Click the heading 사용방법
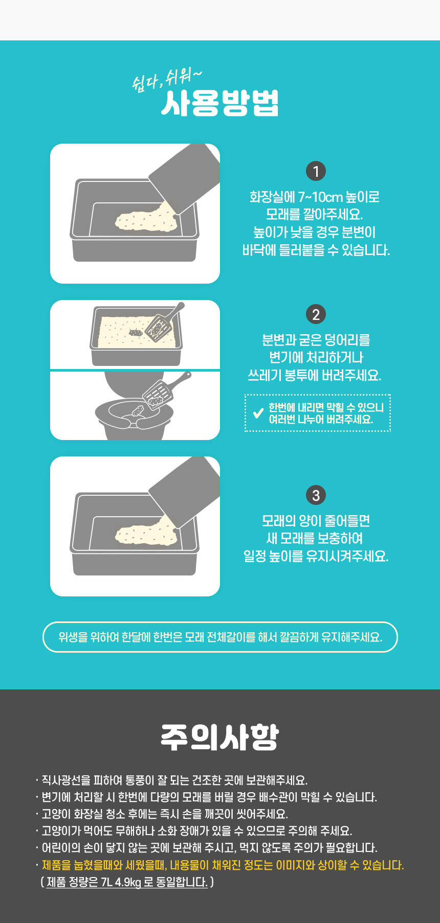pyautogui.click(x=220, y=104)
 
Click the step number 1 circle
pyautogui.click(x=316, y=171)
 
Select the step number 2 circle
pyautogui.click(x=316, y=314)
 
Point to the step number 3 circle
pyautogui.click(x=316, y=495)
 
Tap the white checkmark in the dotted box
pyautogui.click(x=258, y=412)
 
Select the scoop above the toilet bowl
pyautogui.click(x=165, y=389)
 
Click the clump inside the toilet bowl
pyautogui.click(x=138, y=410)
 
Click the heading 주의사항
pyautogui.click(x=220, y=737)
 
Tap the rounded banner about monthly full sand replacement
pyautogui.click(x=220, y=637)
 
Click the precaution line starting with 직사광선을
pyautogui.click(x=172, y=780)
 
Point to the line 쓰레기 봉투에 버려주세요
pyautogui.click(x=315, y=375)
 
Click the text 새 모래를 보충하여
pyautogui.click(x=315, y=538)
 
